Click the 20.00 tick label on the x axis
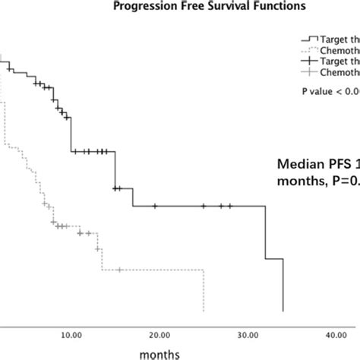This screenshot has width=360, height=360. pyautogui.click(x=159, y=333)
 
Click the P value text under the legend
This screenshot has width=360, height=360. pyautogui.click(x=327, y=91)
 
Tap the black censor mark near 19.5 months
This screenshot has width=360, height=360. pyautogui.click(x=155, y=206)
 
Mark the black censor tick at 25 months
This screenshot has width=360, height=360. pyautogui.click(x=204, y=206)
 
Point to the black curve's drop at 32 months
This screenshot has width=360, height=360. pyautogui.click(x=265, y=232)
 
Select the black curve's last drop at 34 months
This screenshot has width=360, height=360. pyautogui.click(x=283, y=286)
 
